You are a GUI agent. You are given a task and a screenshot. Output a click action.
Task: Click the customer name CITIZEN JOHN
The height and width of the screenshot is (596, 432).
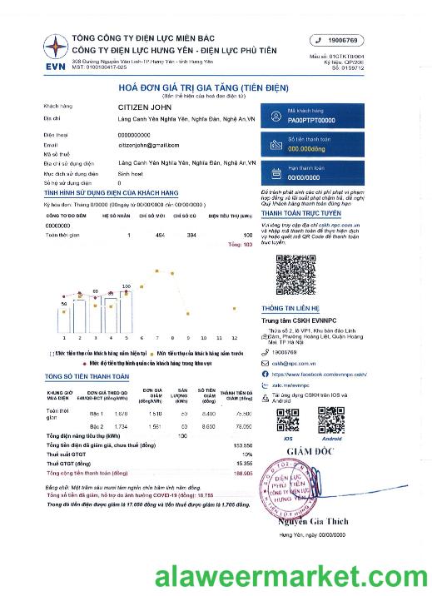pos(145,107)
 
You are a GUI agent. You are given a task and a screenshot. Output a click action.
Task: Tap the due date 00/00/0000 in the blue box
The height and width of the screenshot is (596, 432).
pos(304,176)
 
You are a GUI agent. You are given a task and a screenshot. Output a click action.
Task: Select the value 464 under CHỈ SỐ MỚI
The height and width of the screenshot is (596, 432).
pos(161,236)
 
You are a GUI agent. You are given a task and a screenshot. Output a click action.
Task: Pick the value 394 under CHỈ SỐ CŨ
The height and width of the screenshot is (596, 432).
pos(192,236)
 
